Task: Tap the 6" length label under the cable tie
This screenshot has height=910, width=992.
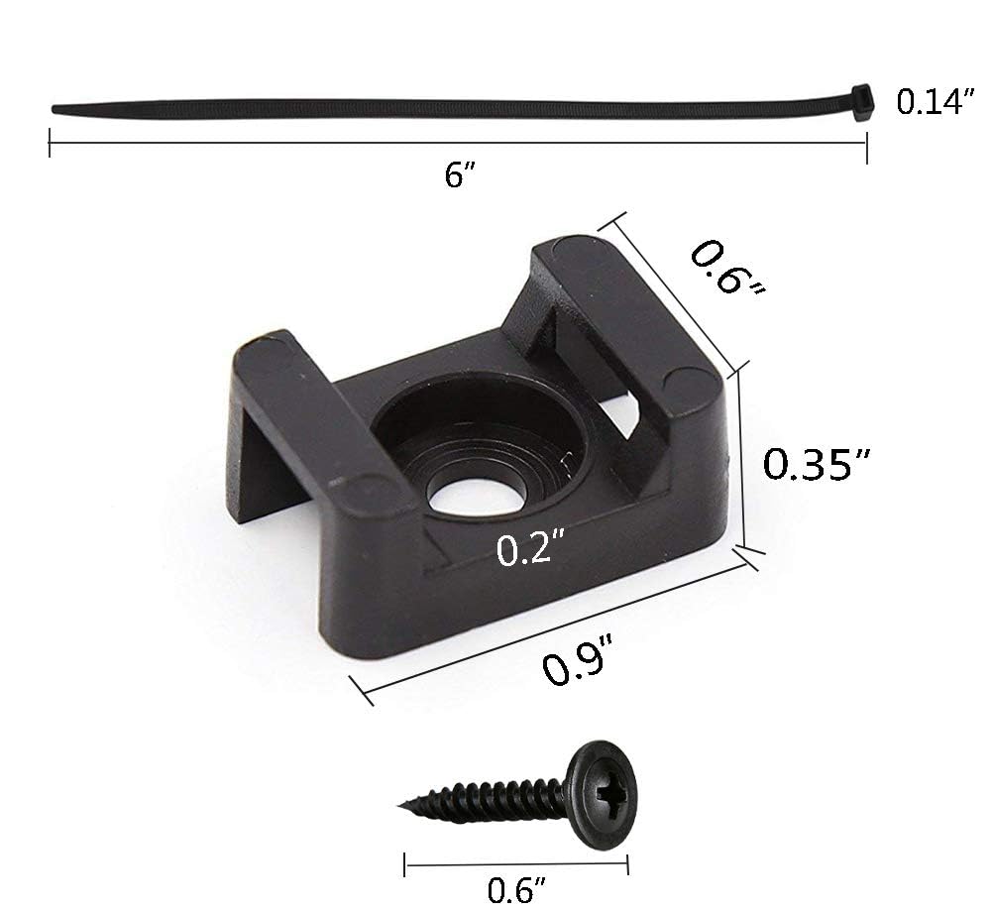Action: tap(459, 174)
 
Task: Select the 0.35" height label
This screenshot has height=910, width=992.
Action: tap(817, 464)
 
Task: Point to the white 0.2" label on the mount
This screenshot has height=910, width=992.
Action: tap(530, 548)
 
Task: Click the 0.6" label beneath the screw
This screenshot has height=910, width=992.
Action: tap(516, 890)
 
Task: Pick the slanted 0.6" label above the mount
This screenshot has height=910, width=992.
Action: tap(727, 267)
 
